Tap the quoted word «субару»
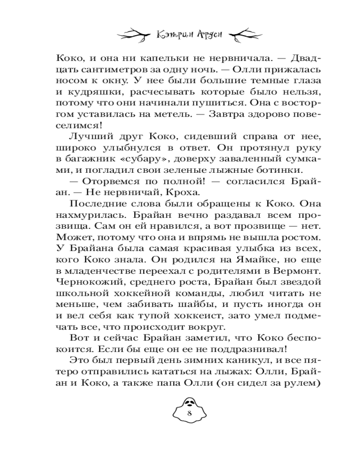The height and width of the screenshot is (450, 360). click(144, 162)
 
